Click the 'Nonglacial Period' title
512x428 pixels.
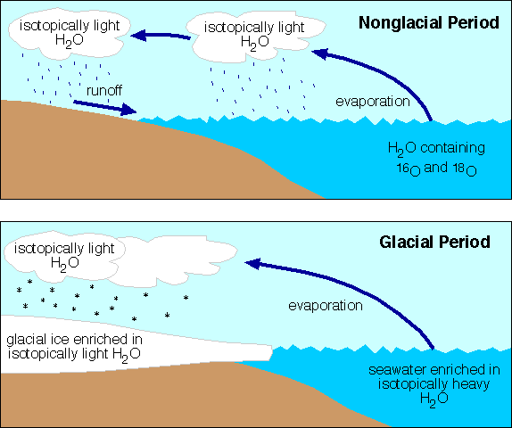click(429, 23)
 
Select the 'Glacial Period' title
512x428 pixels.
click(434, 243)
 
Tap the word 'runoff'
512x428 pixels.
click(104, 90)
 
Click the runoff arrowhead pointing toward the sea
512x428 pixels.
click(128, 110)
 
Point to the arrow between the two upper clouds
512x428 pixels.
click(161, 36)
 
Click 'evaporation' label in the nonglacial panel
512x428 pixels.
click(373, 102)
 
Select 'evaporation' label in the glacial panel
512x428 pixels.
click(326, 306)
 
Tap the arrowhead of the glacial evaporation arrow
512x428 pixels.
click(253, 263)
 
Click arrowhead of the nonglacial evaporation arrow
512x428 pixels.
click(320, 53)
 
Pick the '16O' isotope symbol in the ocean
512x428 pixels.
click(409, 169)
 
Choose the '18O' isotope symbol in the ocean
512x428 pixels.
click(465, 169)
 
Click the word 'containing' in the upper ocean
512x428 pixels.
click(452, 148)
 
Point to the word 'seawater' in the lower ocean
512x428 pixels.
click(398, 370)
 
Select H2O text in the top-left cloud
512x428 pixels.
click(70, 40)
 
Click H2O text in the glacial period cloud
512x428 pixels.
click(64, 263)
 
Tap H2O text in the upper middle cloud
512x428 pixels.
click(255, 43)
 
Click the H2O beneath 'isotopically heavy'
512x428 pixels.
click(434, 399)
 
